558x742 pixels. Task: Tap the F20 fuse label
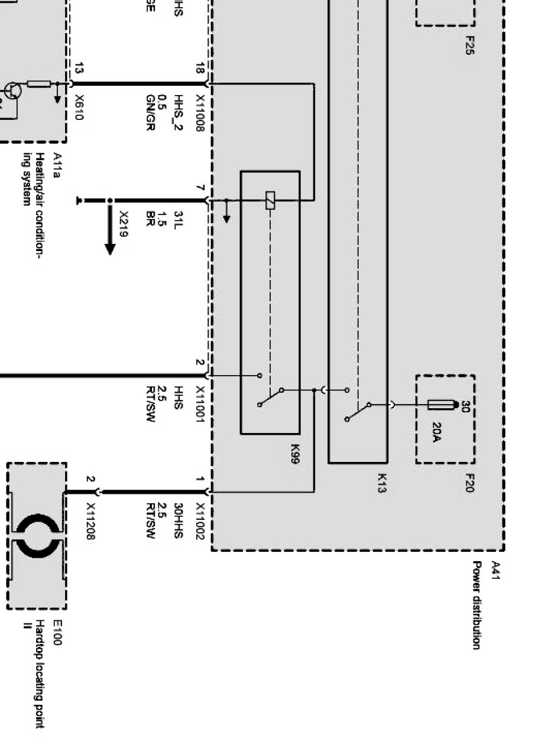(x=470, y=482)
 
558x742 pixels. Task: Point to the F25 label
(x=470, y=45)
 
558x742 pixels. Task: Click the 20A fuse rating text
(x=437, y=432)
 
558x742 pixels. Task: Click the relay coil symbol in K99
(x=270, y=200)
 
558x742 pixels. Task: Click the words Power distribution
(x=475, y=605)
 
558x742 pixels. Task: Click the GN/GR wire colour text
(x=151, y=113)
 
